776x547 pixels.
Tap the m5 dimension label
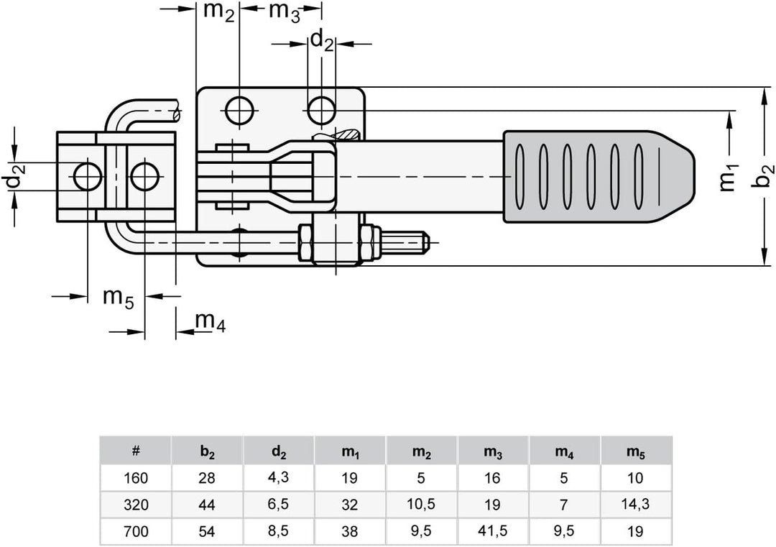coord(117,298)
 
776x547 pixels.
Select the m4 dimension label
coord(211,323)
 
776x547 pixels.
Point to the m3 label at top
coord(284,12)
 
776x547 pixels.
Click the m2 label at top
coord(219,12)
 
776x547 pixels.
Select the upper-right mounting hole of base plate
coord(321,111)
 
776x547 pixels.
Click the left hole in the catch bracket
coord(87,175)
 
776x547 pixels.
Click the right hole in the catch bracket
coord(144,175)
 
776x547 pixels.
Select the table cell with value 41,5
coord(493,532)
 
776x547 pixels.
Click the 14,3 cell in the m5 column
coord(636,505)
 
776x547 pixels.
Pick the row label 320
coord(136,505)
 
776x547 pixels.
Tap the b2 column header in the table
coord(207,451)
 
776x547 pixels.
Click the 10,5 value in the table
coord(422,505)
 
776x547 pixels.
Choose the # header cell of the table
coord(136,451)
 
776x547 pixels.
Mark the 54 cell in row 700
coord(207,532)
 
